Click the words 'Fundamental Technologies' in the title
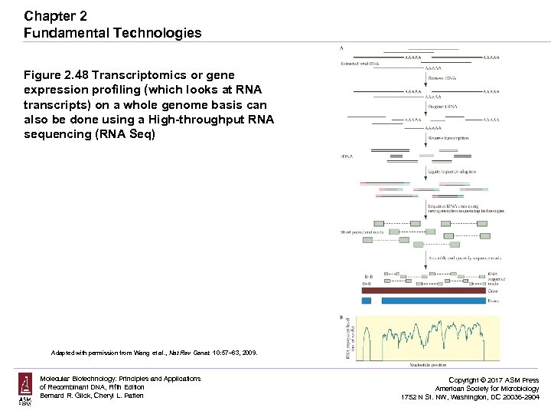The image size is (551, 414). click(x=112, y=33)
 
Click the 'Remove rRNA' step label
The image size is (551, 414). click(x=442, y=79)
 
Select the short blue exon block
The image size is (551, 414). click(x=366, y=301)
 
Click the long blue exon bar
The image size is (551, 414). click(x=432, y=301)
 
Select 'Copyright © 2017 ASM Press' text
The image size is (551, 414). click(x=494, y=380)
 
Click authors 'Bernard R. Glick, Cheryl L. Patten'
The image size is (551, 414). click(x=92, y=396)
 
